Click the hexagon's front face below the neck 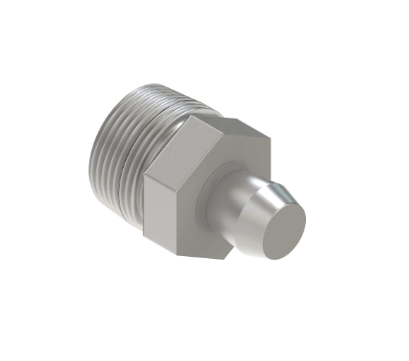click(201, 240)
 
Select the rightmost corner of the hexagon click(269, 138)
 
